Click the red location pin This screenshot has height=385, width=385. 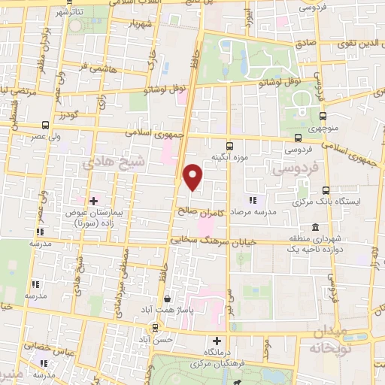[x=193, y=176]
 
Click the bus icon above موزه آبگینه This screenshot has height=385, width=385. [x=229, y=145]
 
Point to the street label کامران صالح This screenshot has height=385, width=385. [x=205, y=211]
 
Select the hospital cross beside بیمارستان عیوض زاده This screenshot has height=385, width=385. [x=94, y=201]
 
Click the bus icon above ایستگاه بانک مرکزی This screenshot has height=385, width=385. [x=326, y=190]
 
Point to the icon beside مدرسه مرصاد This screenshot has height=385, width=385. [x=253, y=200]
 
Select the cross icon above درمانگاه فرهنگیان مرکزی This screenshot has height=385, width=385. [x=217, y=341]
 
